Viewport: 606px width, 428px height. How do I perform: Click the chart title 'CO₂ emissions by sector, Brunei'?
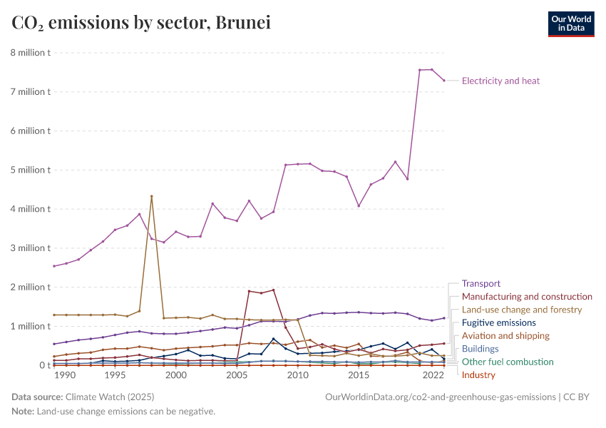pyautogui.click(x=141, y=23)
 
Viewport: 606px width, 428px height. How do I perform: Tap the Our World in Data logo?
pyautogui.click(x=570, y=24)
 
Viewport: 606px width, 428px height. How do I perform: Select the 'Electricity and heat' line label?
pyautogui.click(x=500, y=81)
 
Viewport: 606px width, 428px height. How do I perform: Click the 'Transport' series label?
pyautogui.click(x=481, y=283)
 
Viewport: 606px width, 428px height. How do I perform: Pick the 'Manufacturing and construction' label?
pyautogui.click(x=527, y=296)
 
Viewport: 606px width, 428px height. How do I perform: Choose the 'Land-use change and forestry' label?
pyautogui.click(x=522, y=310)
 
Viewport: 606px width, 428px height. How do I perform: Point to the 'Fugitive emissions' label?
pyautogui.click(x=498, y=322)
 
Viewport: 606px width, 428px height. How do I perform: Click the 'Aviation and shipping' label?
pyautogui.click(x=505, y=335)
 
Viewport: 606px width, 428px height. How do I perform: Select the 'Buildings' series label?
pyautogui.click(x=480, y=349)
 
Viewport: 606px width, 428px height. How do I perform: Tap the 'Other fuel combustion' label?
pyautogui.click(x=508, y=362)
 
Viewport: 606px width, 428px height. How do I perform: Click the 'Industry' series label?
pyautogui.click(x=478, y=374)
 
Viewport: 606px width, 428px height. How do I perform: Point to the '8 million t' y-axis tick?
pyautogui.click(x=30, y=53)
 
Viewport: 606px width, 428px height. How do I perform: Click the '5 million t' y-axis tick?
pyautogui.click(x=30, y=170)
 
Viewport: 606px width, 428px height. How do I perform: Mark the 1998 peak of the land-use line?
pyautogui.click(x=151, y=196)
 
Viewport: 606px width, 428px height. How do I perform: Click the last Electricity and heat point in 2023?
pyautogui.click(x=444, y=81)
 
